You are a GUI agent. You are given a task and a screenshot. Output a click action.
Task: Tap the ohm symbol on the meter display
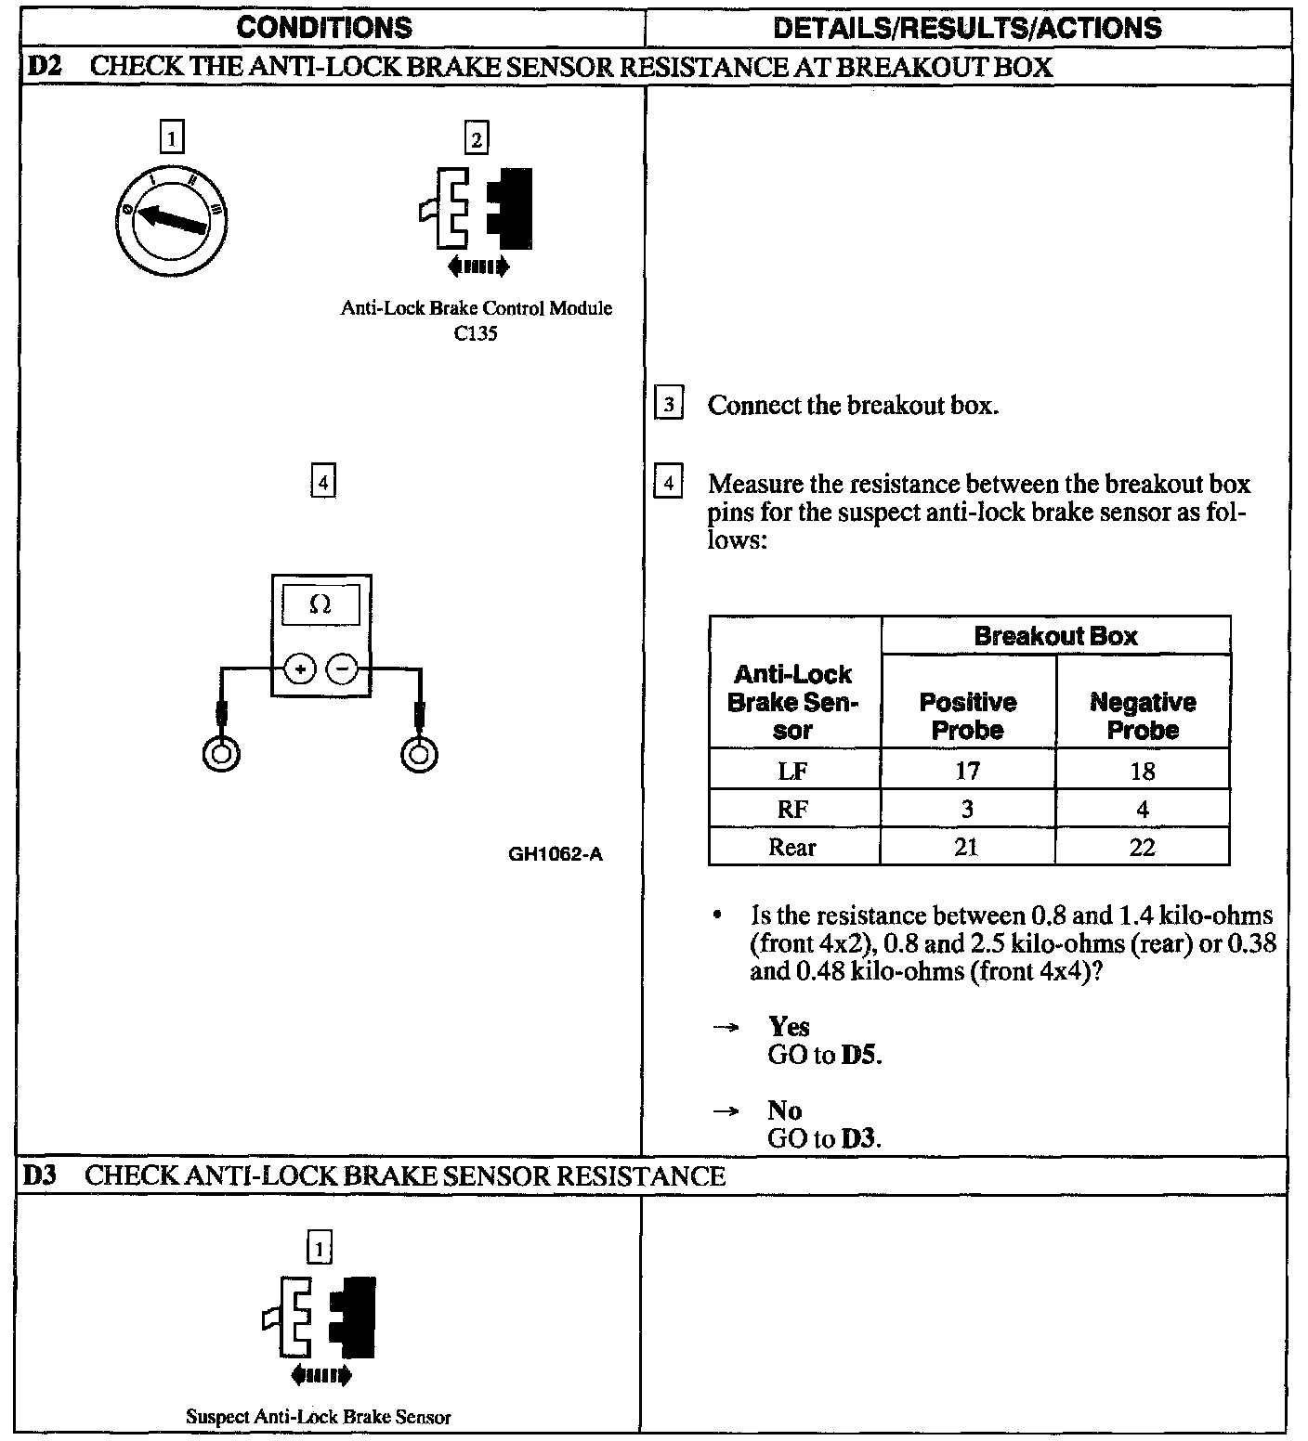click(x=320, y=604)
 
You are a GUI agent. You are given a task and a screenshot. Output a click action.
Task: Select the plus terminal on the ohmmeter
click(x=300, y=669)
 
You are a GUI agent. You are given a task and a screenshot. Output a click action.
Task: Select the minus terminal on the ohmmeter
click(x=343, y=669)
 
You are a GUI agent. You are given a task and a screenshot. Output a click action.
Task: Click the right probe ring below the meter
click(x=420, y=753)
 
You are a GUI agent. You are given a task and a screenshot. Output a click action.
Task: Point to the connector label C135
click(x=476, y=334)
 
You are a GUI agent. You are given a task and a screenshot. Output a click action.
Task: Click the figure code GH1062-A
click(x=556, y=854)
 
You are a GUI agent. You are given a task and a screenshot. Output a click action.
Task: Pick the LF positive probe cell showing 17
click(x=967, y=771)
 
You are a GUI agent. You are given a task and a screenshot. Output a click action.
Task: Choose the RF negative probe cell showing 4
click(x=1143, y=809)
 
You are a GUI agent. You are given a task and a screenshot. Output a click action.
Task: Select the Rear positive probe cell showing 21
click(x=967, y=847)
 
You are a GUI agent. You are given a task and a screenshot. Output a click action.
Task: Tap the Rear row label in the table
click(x=792, y=847)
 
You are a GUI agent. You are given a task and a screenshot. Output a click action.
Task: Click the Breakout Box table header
click(x=1055, y=636)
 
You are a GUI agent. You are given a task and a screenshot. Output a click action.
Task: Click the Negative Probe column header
click(x=1143, y=716)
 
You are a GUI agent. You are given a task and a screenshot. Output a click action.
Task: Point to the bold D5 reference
click(x=861, y=1056)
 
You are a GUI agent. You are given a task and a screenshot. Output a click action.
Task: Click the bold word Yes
click(x=789, y=1027)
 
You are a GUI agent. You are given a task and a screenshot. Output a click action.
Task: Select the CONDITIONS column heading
click(x=324, y=28)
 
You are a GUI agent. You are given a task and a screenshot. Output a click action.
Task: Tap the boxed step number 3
click(x=669, y=406)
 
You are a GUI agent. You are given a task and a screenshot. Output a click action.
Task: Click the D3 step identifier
click(x=40, y=1175)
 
